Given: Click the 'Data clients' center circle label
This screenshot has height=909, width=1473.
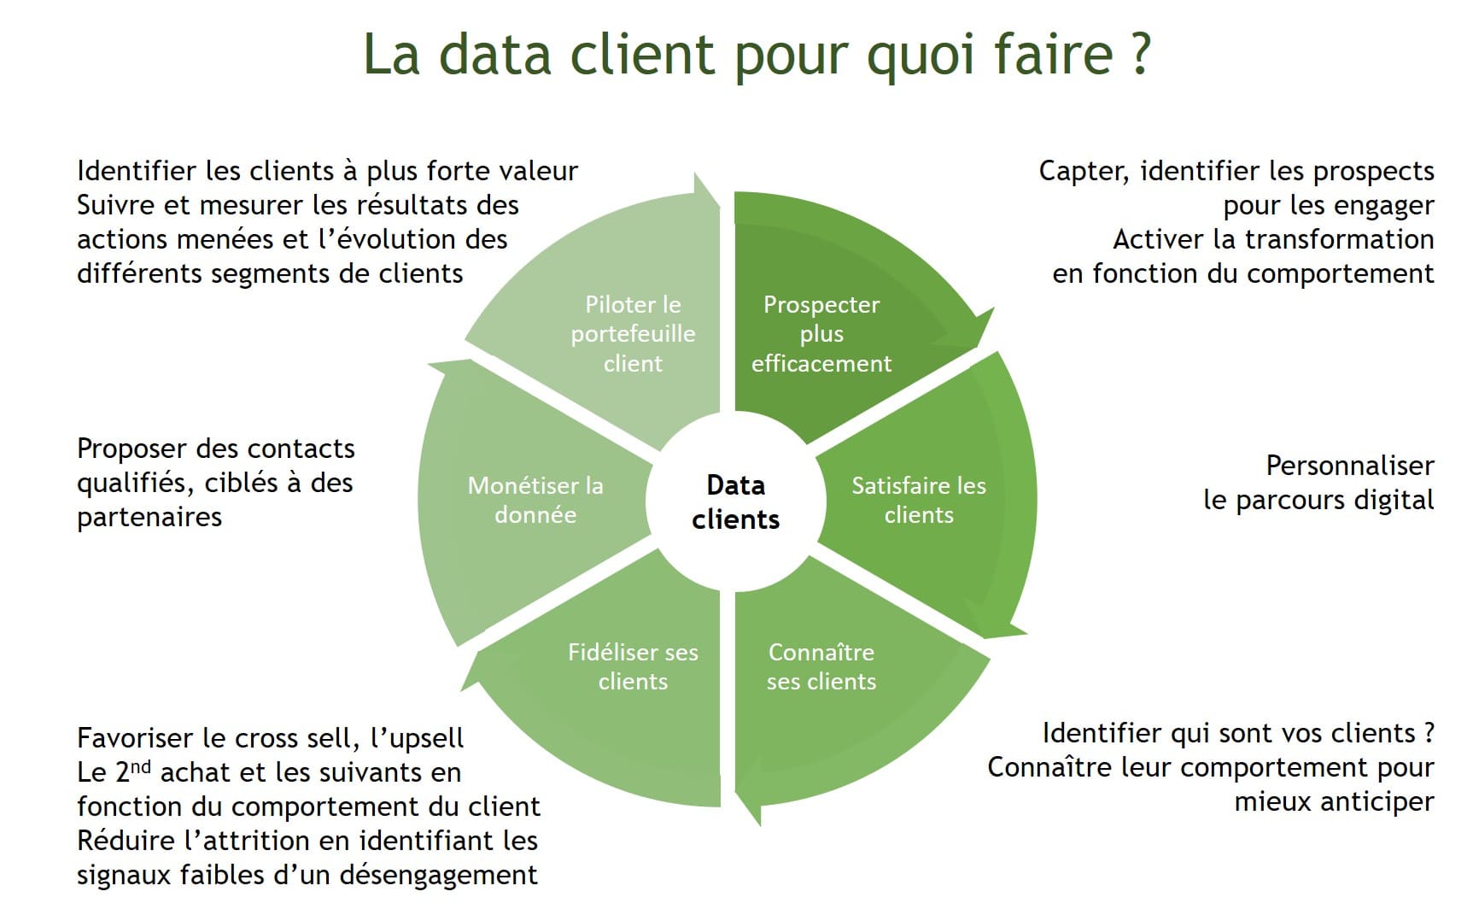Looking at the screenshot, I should point(735,502).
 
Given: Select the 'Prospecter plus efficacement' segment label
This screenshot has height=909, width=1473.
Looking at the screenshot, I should point(821,334).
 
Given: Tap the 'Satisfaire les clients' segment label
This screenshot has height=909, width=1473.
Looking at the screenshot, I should point(918,500).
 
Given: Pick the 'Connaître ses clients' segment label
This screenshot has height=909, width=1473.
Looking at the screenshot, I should point(821,666).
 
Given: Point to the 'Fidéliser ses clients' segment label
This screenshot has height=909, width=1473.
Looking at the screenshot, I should point(633,666).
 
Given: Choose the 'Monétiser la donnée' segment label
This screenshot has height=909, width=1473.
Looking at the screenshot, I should point(535,500).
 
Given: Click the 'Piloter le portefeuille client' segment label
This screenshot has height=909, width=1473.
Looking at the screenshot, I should point(633,334).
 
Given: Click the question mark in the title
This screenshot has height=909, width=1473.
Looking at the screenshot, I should point(1140,53).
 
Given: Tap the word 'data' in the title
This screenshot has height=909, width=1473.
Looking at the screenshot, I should point(494,53).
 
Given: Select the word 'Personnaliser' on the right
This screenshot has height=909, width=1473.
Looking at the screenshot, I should point(1350,466).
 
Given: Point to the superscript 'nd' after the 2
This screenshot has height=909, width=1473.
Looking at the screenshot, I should point(141,765).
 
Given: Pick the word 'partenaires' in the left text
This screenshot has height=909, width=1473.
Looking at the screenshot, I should point(149,518).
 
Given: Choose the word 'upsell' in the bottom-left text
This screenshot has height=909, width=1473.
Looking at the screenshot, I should point(424,737).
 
